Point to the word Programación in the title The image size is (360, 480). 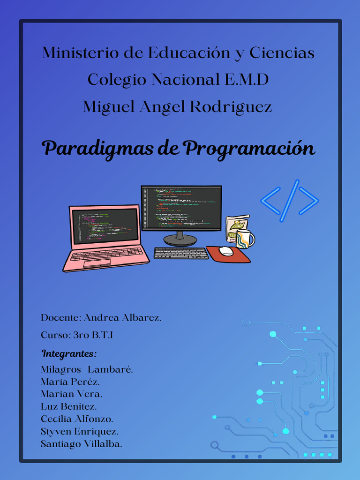click(249, 149)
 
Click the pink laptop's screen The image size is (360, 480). click(105, 226)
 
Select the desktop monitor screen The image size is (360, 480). click(181, 207)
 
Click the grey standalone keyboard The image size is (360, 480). click(181, 253)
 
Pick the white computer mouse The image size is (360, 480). click(226, 251)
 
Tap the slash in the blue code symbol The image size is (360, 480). click(290, 200)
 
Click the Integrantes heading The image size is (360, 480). click(68, 353)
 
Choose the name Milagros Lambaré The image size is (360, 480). click(87, 369)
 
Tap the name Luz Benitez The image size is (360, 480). click(69, 406)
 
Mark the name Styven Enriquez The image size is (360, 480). click(79, 431)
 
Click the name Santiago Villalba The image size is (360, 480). click(82, 444)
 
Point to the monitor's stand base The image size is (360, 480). click(180, 240)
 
